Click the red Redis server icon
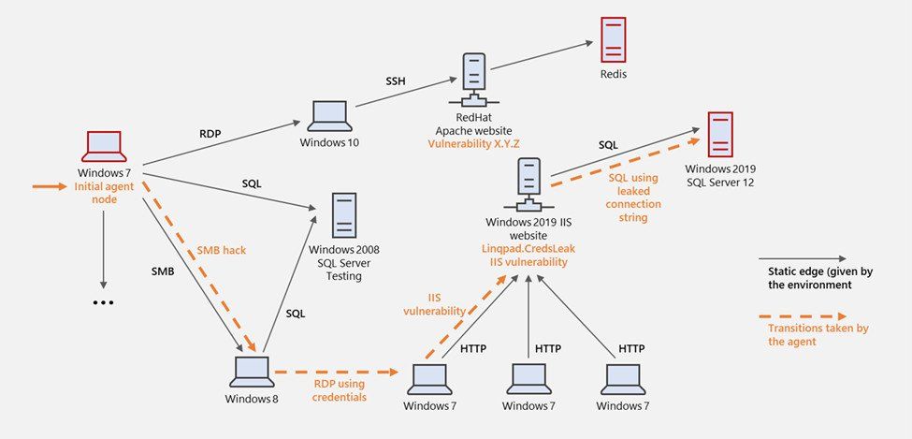click(613, 38)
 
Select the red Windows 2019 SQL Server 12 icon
click(720, 135)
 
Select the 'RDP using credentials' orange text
click(339, 389)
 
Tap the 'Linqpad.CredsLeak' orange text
click(526, 249)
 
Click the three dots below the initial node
click(103, 302)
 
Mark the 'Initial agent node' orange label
click(104, 194)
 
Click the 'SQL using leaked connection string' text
click(634, 198)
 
